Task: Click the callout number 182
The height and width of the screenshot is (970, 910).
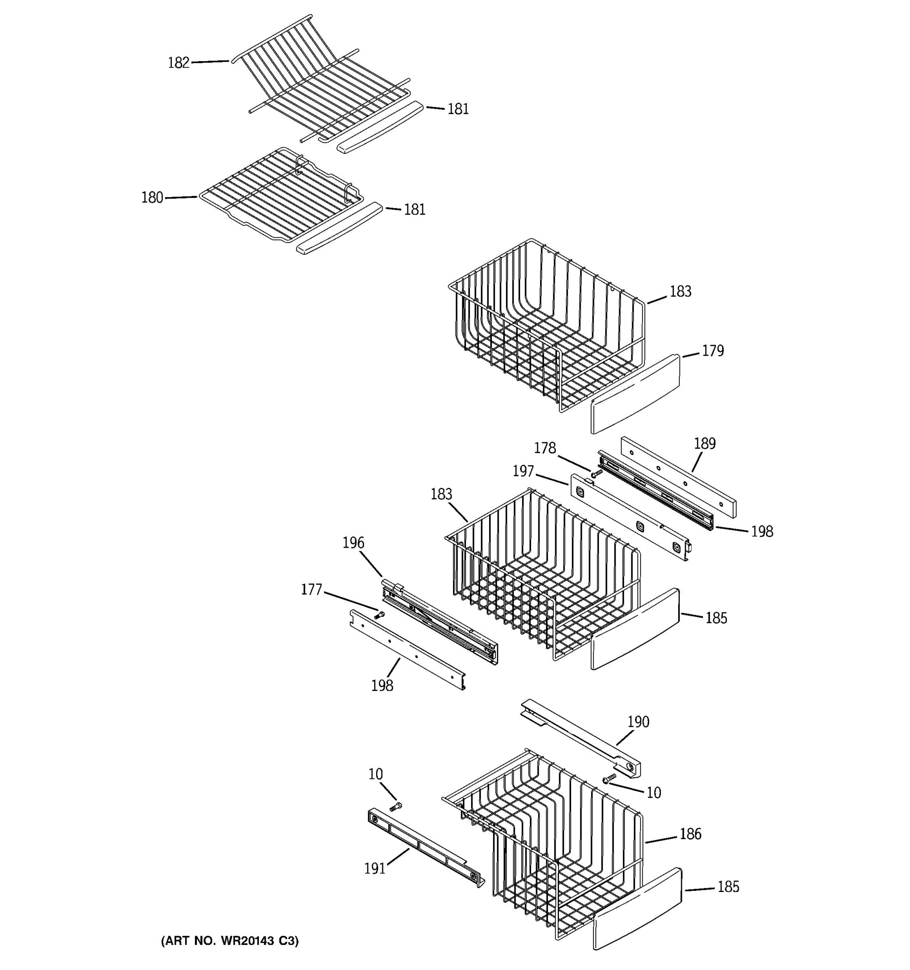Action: (178, 63)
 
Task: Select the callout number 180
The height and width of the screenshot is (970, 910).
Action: (152, 198)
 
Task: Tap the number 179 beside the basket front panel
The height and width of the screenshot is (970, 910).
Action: (713, 351)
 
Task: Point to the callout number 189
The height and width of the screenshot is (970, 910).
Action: (705, 443)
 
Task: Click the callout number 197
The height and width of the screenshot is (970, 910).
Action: (523, 471)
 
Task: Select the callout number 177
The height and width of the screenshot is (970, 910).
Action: (311, 590)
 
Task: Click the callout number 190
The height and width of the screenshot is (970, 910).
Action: (638, 722)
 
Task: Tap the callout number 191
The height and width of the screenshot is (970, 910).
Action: (375, 869)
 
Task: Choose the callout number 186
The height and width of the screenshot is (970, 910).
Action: (690, 834)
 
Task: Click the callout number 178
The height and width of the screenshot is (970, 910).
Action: (545, 448)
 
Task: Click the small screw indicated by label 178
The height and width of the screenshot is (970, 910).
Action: (596, 473)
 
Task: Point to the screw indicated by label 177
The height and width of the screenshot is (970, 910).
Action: (379, 616)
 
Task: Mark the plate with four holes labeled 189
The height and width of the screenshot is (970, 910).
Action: (679, 477)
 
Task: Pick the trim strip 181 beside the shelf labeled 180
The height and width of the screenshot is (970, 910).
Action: (339, 229)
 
